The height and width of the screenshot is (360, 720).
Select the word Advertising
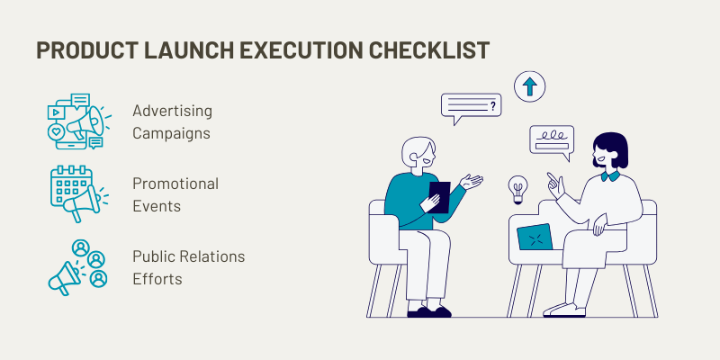[172, 111]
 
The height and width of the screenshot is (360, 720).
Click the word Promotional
[175, 184]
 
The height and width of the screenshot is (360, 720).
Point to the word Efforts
[157, 279]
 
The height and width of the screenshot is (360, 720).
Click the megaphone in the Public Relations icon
[62, 278]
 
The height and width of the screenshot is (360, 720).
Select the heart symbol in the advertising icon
[56, 131]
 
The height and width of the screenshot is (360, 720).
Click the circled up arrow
[529, 86]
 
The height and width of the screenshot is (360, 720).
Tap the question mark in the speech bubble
[493, 106]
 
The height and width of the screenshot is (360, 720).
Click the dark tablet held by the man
[439, 197]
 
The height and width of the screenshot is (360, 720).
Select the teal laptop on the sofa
[535, 237]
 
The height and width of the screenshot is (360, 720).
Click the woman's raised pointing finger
[550, 178]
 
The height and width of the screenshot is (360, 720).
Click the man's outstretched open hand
[472, 182]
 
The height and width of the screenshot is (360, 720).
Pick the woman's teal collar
[610, 176]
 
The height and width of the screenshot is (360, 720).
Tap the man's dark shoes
[429, 312]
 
